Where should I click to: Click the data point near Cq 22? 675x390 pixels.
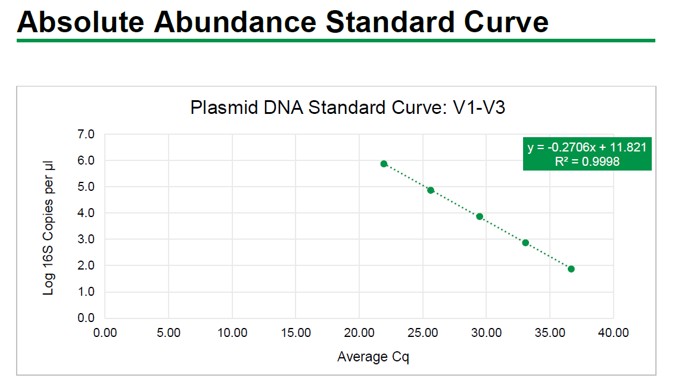point(384,164)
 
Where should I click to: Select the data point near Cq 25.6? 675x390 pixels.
point(431,190)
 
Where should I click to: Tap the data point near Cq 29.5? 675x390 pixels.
point(480,216)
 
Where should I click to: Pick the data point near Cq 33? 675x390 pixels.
point(525,243)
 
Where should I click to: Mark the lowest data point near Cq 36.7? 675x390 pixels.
point(571,269)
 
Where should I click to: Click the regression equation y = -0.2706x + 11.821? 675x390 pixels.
point(587,147)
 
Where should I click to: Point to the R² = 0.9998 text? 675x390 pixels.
point(587,162)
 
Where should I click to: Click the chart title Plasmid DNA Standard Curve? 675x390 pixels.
point(348,108)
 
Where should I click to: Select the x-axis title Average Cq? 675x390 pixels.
point(373,357)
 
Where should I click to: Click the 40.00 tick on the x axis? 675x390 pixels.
point(613,333)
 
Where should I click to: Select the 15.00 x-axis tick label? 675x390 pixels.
point(295,333)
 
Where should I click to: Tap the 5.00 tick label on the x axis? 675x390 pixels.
point(169,333)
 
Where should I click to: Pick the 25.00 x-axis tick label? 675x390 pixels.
point(422,333)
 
